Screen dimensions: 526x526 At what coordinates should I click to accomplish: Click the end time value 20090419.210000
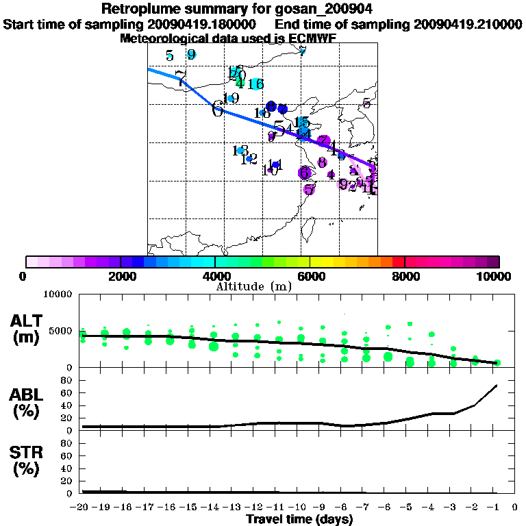pyautogui.click(x=467, y=24)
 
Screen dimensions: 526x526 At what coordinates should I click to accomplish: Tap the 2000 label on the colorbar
pyautogui.click(x=120, y=276)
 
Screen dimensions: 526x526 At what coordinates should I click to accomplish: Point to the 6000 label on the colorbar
pyautogui.click(x=310, y=276)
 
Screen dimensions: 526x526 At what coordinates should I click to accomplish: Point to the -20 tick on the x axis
pyautogui.click(x=82, y=508)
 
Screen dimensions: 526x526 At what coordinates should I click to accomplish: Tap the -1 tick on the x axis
pyautogui.click(x=496, y=508)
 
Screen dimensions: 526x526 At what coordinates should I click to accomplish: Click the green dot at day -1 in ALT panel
pyautogui.click(x=498, y=363)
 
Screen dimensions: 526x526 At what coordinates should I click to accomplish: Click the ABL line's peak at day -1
pyautogui.click(x=496, y=386)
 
